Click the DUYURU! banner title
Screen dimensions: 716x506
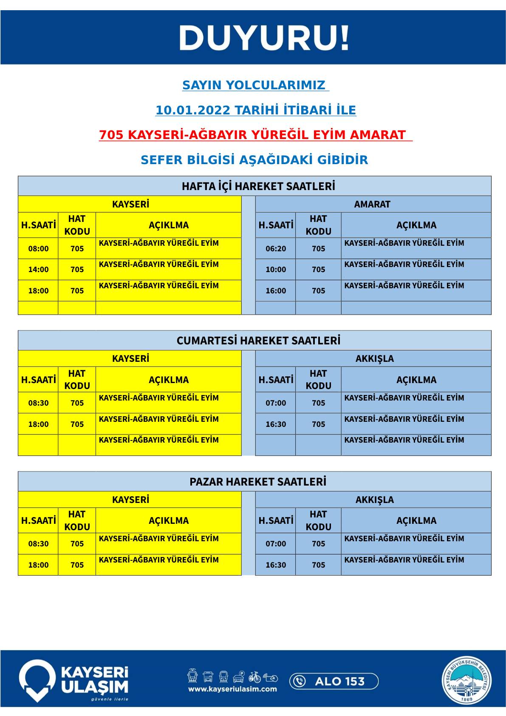(264, 38)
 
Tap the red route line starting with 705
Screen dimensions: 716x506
(255, 135)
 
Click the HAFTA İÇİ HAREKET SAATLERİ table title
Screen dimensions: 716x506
(258, 186)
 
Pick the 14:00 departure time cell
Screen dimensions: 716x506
(38, 270)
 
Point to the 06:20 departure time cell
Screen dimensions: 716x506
(276, 249)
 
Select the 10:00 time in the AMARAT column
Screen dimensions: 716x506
(276, 270)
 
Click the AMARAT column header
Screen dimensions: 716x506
(372, 204)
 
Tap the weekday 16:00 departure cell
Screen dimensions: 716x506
(276, 291)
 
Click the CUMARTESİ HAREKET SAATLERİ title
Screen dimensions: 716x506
(258, 341)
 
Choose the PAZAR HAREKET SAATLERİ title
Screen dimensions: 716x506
(258, 482)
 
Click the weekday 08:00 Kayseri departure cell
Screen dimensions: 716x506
(38, 249)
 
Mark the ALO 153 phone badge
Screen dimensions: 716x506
(334, 681)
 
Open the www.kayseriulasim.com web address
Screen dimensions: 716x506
(232, 689)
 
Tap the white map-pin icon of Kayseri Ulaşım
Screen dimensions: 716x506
(37, 680)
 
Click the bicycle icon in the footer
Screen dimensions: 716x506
(255, 676)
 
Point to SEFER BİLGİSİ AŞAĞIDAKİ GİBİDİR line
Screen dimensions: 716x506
(254, 160)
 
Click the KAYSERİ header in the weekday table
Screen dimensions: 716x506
(130, 204)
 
